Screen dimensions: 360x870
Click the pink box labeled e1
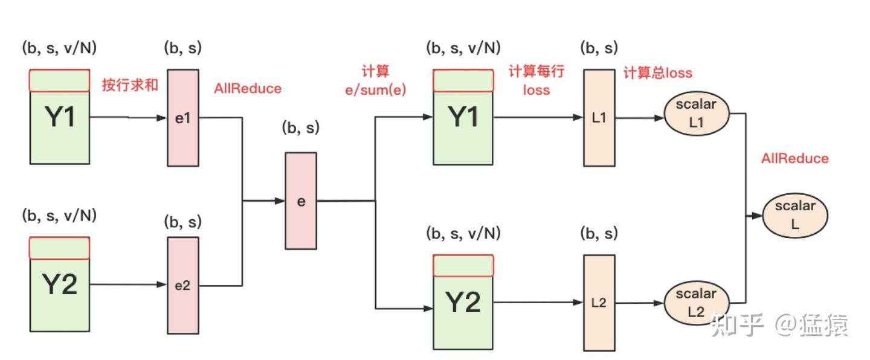(x=183, y=117)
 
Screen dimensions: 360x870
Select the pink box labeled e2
(x=182, y=285)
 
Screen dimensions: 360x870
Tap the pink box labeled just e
(x=301, y=201)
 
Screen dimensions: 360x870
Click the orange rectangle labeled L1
(x=599, y=118)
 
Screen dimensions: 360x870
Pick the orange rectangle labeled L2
(x=599, y=303)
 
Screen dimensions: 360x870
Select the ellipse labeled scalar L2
(x=696, y=303)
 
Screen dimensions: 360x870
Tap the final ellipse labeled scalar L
(x=795, y=215)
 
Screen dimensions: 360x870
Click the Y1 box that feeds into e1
(x=60, y=117)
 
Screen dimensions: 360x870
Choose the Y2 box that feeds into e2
(x=60, y=284)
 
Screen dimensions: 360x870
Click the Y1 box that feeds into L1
(x=463, y=117)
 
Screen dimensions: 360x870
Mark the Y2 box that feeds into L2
(x=463, y=302)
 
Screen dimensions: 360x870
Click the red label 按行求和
(x=130, y=85)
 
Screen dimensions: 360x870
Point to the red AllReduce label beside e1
(x=248, y=88)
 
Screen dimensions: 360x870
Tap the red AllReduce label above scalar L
(x=795, y=158)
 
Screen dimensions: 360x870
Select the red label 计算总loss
(x=657, y=73)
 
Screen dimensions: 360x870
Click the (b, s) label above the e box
(x=301, y=128)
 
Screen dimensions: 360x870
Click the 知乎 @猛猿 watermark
(x=779, y=324)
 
